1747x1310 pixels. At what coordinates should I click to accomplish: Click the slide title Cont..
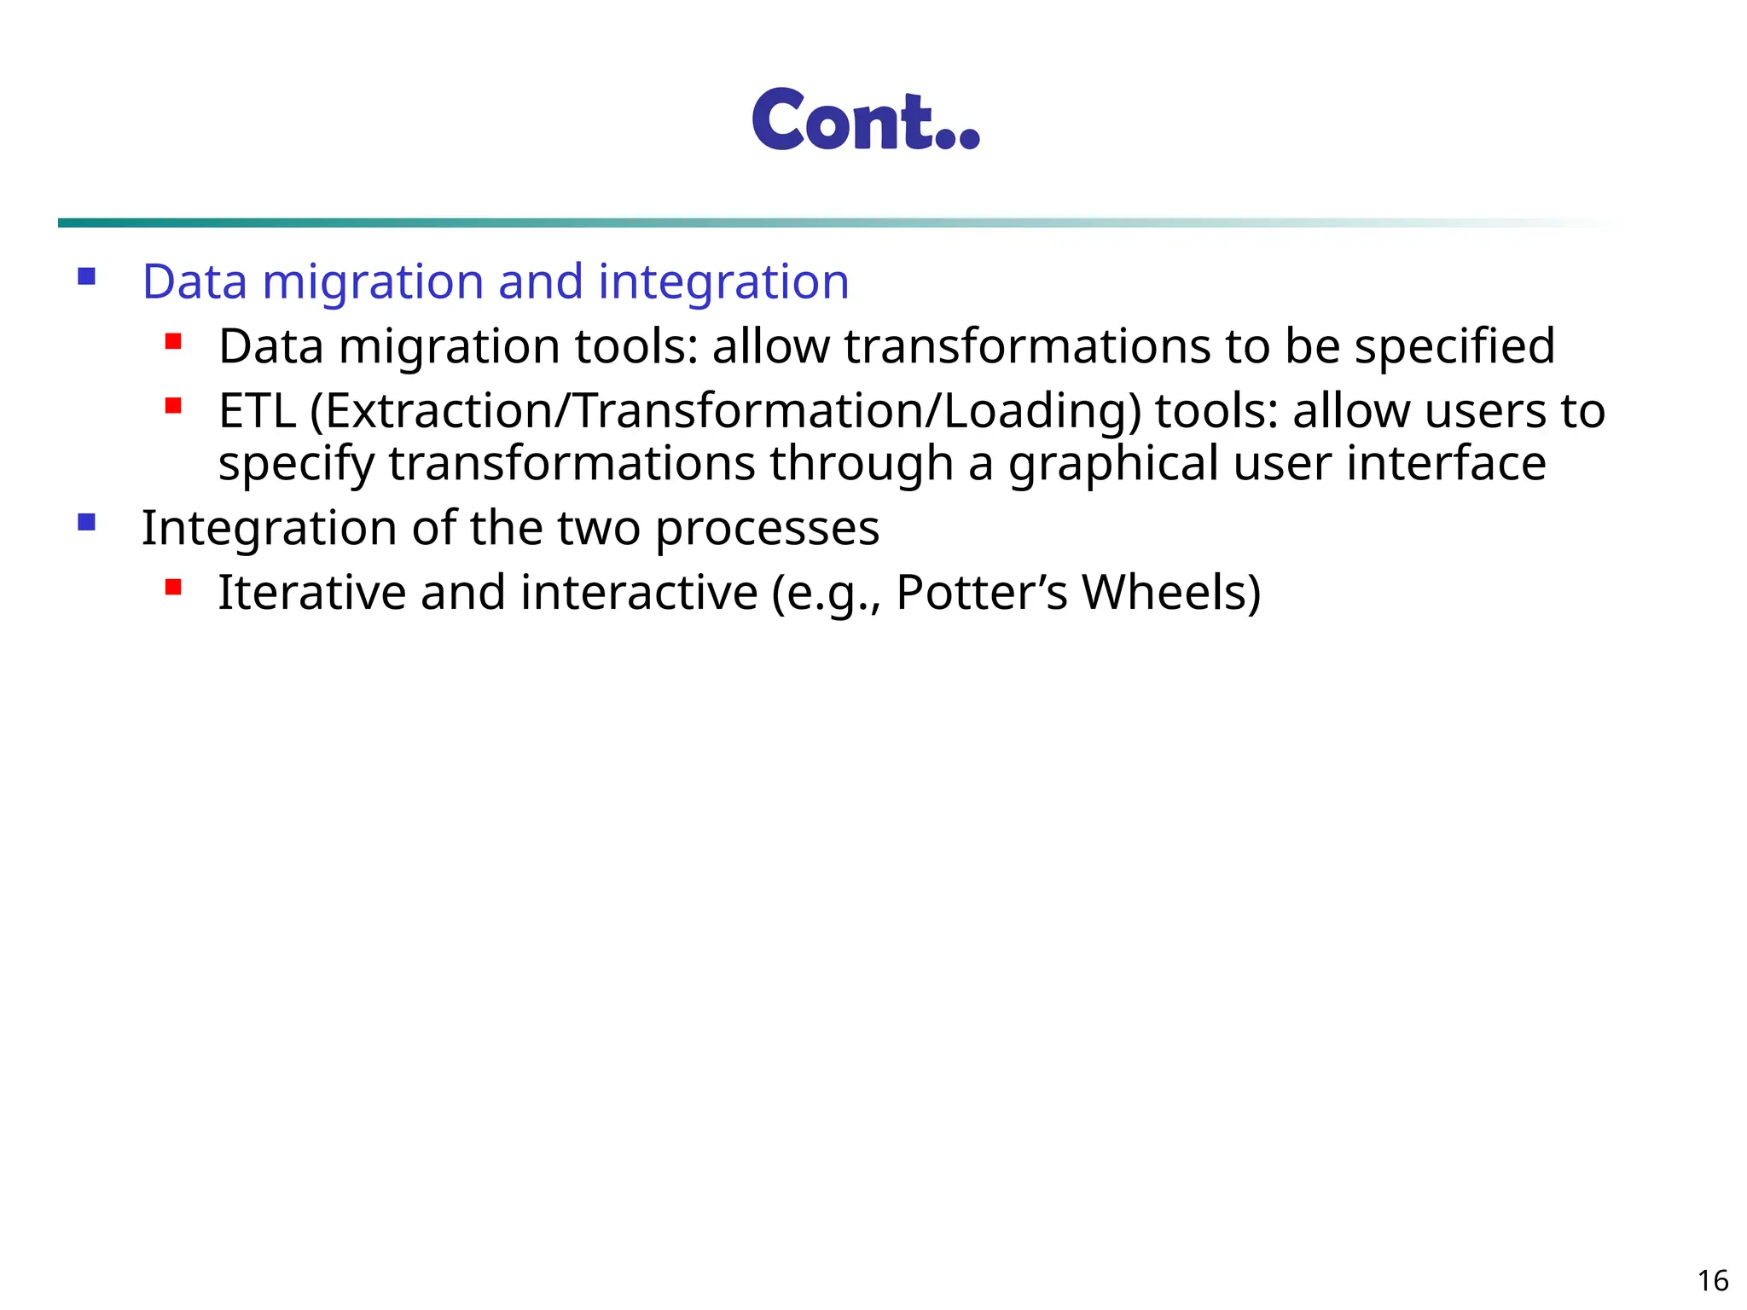tap(865, 120)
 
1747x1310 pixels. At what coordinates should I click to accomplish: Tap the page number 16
tap(1713, 1281)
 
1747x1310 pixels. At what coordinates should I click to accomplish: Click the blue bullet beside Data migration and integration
tap(86, 276)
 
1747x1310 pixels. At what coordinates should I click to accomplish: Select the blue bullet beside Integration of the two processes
tap(86, 522)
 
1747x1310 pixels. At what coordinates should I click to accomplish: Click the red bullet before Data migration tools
tap(174, 342)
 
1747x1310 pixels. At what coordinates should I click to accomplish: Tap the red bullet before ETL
tap(174, 406)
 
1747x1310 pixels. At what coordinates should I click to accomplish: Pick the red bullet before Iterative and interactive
tap(174, 587)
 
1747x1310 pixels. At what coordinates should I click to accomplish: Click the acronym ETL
tap(257, 411)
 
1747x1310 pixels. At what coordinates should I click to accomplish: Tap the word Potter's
tap(982, 593)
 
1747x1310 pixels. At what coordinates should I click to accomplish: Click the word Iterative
tap(311, 593)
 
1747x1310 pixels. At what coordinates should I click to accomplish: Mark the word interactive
tap(639, 593)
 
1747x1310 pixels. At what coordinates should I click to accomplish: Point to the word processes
tap(767, 529)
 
